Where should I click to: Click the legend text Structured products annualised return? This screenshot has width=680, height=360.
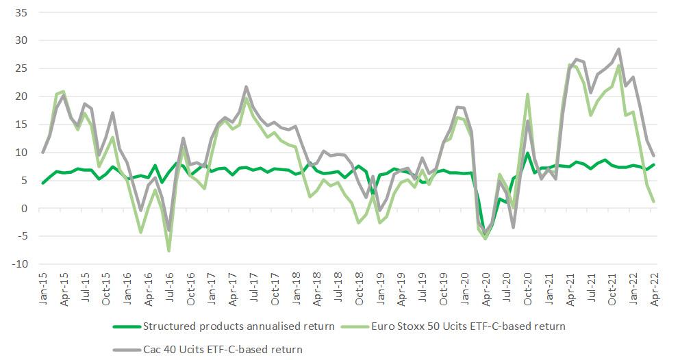(238, 326)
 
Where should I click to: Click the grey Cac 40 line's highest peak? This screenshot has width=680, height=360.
(618, 49)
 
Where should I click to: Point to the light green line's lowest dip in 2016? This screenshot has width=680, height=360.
(168, 250)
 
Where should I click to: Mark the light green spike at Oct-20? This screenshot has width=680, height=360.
(528, 94)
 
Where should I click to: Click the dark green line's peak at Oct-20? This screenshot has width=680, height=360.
(527, 153)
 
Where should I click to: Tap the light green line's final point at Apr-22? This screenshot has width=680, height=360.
(654, 201)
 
